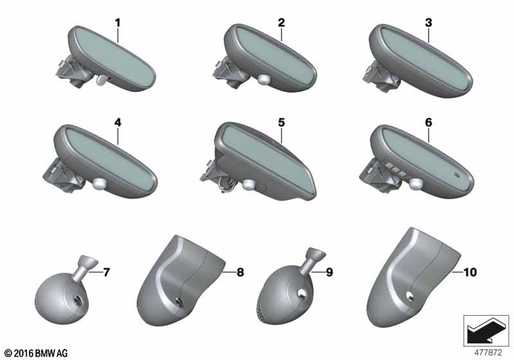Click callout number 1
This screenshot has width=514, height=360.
118,23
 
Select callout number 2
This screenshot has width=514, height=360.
281,22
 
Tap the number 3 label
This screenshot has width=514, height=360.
429,22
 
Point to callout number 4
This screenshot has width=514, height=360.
118,122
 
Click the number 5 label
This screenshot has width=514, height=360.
281,122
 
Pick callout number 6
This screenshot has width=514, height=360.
429,122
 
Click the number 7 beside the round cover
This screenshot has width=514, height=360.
107,272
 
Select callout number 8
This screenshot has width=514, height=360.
240,272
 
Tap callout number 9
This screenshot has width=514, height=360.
329,272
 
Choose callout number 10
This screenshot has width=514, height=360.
470,272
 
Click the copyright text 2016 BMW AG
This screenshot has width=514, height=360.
36,353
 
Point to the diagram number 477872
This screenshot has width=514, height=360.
488,352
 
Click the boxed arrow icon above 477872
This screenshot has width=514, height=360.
486,330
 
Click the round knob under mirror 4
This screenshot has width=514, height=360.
100,183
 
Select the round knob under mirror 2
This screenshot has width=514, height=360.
263,80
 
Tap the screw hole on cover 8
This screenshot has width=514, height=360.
179,301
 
